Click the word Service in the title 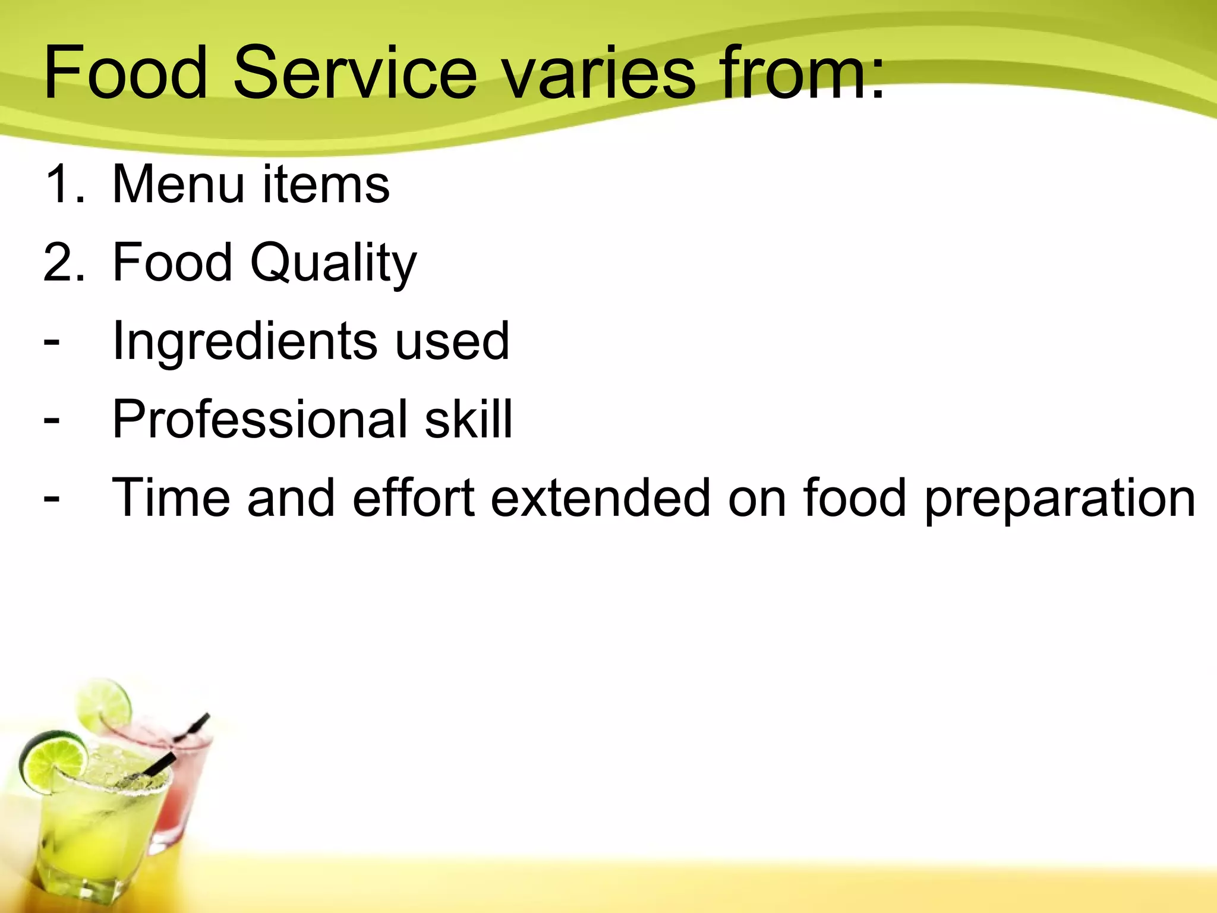[355, 73]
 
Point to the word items [326, 184]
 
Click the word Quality [333, 263]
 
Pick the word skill [468, 420]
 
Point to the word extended [600, 498]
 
